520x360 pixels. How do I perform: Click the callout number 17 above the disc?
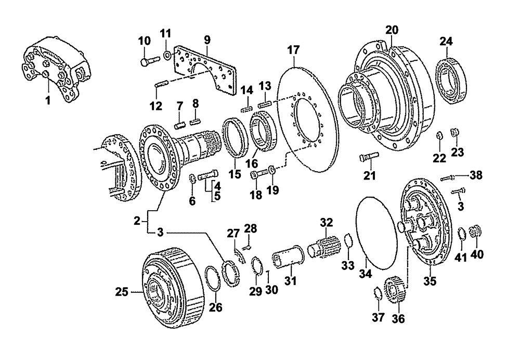tap(294, 50)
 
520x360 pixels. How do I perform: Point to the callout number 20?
tap(391, 29)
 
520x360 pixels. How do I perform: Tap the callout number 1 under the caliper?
tap(47, 100)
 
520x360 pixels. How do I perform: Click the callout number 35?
tap(430, 282)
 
